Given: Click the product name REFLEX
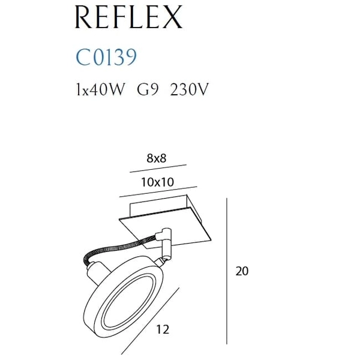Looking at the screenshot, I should [129, 19].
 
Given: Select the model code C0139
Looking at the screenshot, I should [106, 57].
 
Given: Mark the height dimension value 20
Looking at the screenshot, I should [242, 271].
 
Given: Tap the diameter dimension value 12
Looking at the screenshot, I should [162, 329].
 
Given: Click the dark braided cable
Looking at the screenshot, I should [114, 247].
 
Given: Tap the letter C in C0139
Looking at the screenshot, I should [84, 57].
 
